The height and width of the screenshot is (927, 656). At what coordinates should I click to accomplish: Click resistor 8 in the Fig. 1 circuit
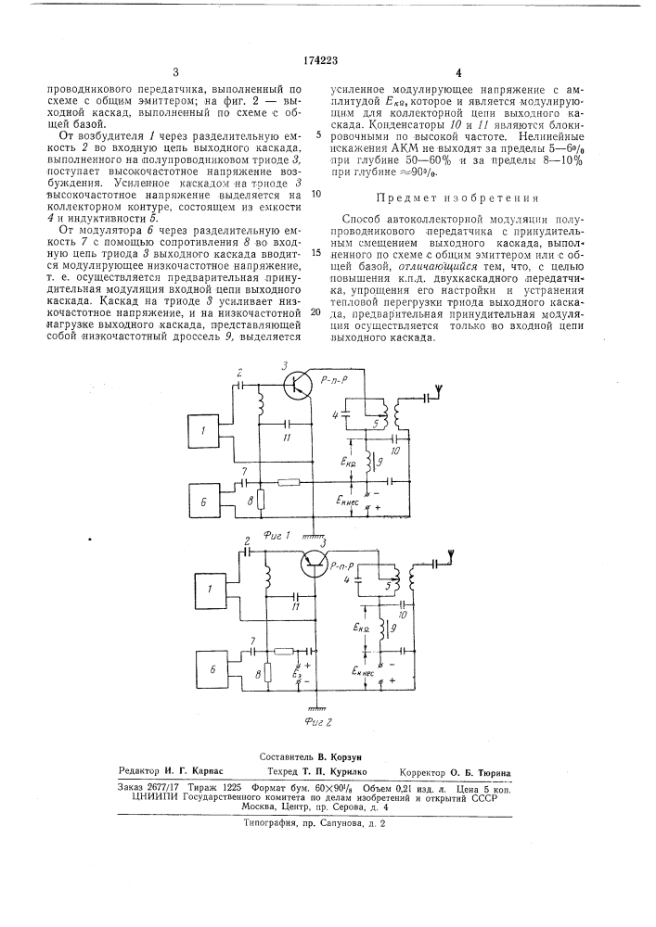261,501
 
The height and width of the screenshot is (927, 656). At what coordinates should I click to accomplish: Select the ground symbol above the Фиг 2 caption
316,707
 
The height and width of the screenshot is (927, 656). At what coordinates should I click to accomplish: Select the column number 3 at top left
174,71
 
